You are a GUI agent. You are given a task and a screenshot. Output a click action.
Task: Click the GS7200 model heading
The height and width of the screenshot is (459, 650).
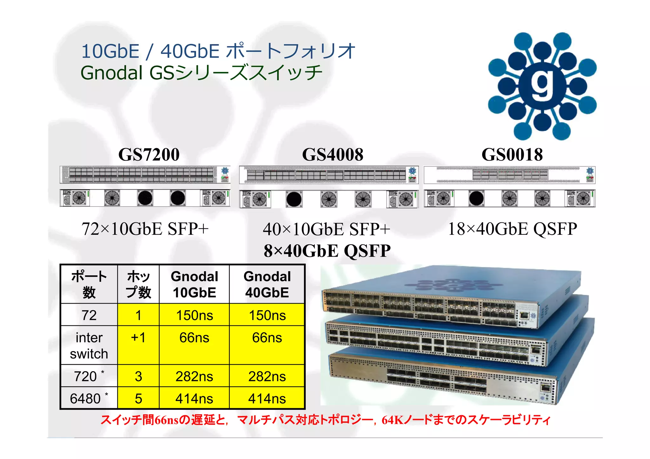pos(149,154)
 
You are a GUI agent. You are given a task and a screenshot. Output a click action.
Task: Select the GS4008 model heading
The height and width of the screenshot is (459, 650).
pos(333,154)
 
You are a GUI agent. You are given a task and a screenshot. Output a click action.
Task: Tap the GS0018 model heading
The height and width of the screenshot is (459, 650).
pos(512,154)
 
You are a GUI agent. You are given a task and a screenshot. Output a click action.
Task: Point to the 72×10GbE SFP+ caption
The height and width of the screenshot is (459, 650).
pos(145,229)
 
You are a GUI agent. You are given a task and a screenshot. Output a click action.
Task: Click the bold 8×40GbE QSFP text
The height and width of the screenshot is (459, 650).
pos(327,251)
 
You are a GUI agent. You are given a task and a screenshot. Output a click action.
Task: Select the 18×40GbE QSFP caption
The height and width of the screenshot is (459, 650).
pos(512,229)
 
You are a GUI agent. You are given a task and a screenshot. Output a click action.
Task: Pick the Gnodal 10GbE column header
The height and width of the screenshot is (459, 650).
pos(194,284)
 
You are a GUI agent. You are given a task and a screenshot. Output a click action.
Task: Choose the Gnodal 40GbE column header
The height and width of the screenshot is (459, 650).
pos(267,284)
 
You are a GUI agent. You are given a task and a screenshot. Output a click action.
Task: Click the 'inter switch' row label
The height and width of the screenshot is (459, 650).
pos(89,345)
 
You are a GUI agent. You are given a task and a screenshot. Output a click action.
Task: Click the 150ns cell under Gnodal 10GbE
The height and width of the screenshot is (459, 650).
pos(194,315)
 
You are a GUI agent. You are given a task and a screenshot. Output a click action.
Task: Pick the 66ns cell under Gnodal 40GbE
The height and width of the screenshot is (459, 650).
pos(267,338)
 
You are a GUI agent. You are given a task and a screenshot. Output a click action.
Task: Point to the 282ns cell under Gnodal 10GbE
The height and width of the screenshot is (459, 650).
pos(194,377)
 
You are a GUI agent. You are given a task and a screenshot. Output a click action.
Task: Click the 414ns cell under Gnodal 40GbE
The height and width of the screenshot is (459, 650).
pos(267,399)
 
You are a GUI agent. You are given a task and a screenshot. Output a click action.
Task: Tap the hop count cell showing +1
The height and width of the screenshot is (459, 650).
pos(138,338)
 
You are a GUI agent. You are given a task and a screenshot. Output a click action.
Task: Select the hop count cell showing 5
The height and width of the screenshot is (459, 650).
pos(138,399)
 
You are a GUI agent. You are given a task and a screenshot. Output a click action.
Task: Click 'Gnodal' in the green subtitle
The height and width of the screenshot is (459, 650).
pos(112,73)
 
